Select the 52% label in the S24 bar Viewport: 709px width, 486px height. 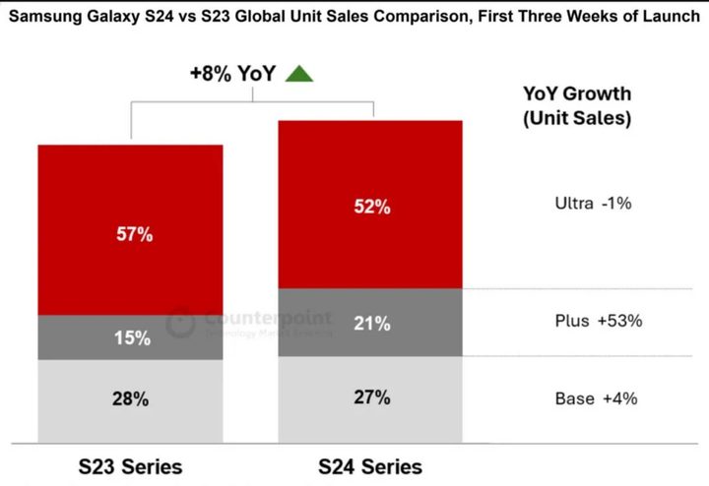tap(370, 207)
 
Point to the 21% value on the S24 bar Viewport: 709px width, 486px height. tap(370, 324)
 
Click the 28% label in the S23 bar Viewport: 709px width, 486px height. tap(130, 399)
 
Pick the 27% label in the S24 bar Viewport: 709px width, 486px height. tap(370, 397)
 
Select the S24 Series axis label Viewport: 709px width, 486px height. tap(370, 465)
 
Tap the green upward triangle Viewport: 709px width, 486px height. tap(298, 73)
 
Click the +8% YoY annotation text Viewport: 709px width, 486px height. tap(232, 73)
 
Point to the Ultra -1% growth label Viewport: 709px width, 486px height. tap(593, 204)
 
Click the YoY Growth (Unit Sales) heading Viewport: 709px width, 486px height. tap(577, 106)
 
